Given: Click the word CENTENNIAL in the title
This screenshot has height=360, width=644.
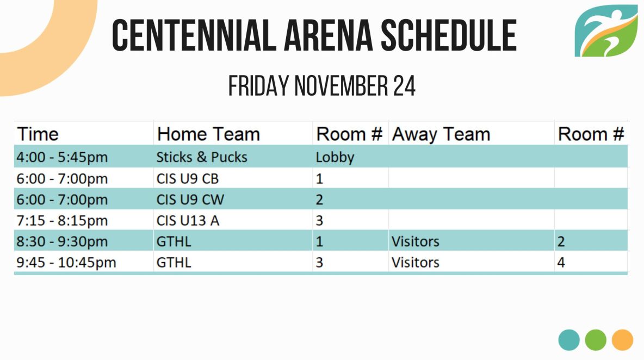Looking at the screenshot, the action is pyautogui.click(x=194, y=36).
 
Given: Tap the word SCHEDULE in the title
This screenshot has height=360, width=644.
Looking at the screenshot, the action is pyautogui.click(x=449, y=36).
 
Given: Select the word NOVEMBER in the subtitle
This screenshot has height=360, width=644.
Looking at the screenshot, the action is pyautogui.click(x=341, y=86).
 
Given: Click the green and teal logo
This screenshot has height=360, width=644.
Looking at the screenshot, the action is pyautogui.click(x=606, y=31).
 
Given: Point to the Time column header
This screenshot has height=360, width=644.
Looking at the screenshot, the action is pyautogui.click(x=38, y=134).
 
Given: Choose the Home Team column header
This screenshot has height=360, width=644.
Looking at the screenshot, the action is pyautogui.click(x=208, y=134).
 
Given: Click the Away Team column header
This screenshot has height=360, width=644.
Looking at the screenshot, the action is pyautogui.click(x=441, y=135).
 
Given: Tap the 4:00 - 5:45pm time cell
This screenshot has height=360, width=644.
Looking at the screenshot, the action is pyautogui.click(x=62, y=157).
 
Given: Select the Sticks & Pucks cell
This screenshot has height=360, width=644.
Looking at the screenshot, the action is pyautogui.click(x=202, y=157).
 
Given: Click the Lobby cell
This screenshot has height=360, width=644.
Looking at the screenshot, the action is pyautogui.click(x=335, y=158).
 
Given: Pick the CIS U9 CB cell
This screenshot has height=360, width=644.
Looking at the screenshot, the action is pyautogui.click(x=187, y=179).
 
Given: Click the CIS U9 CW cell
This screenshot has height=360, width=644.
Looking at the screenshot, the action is pyautogui.click(x=190, y=200).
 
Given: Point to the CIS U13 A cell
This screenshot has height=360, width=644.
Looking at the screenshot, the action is pyautogui.click(x=188, y=221).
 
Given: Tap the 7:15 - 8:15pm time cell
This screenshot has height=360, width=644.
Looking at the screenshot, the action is pyautogui.click(x=62, y=221).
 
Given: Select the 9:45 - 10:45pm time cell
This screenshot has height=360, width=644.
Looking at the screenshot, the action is pyautogui.click(x=66, y=263).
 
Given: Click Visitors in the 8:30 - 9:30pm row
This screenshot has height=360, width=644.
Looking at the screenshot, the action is pyautogui.click(x=415, y=242).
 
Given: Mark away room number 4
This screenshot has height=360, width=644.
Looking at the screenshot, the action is pyautogui.click(x=561, y=263).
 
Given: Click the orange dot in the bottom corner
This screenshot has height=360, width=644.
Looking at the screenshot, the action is pyautogui.click(x=622, y=340).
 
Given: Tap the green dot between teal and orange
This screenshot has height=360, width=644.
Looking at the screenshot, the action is pyautogui.click(x=596, y=340).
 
